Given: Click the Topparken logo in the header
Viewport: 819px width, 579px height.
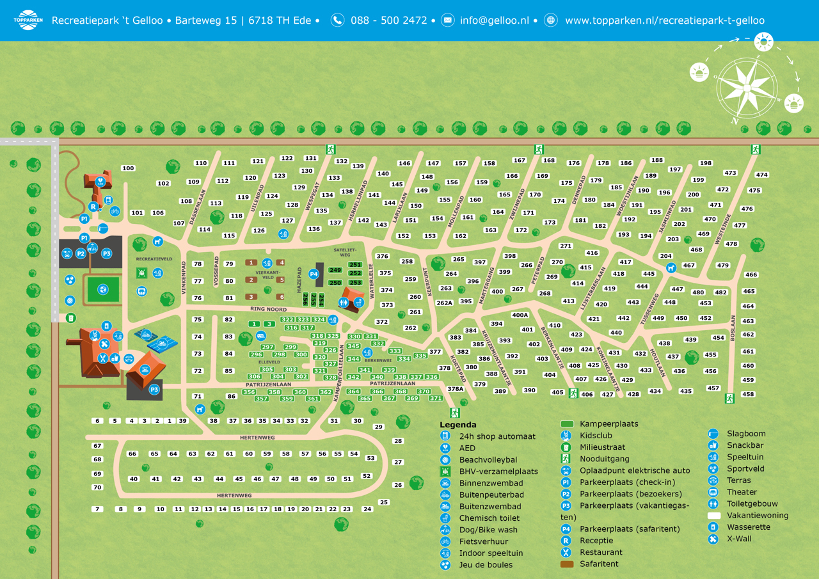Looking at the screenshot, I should [28, 20].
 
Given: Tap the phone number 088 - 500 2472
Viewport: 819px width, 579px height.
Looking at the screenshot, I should [388, 20].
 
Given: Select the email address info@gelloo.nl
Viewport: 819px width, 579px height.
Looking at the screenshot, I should [494, 20].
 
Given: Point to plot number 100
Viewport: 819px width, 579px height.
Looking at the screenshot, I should [128, 168].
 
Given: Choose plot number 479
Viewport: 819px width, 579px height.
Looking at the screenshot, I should [722, 266].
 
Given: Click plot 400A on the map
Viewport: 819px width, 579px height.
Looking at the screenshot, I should [520, 315].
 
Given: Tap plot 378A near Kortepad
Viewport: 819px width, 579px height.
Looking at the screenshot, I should [455, 388].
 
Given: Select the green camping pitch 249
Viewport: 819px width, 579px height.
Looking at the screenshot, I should [335, 271].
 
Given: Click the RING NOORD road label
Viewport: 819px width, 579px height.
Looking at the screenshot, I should [268, 309].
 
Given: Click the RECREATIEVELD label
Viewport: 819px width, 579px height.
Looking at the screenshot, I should [154, 259].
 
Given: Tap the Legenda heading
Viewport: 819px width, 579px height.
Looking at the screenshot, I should [457, 425].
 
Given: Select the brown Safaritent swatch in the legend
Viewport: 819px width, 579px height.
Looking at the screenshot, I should [567, 564].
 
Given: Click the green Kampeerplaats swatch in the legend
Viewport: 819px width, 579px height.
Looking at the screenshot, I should [567, 424].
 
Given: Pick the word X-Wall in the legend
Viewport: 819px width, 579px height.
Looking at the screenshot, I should [739, 539].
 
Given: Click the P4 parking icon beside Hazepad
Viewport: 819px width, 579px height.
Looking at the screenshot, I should [314, 274].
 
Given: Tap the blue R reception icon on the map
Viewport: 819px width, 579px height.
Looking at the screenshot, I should [93, 207].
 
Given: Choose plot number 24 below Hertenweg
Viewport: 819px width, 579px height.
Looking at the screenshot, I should [367, 509].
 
